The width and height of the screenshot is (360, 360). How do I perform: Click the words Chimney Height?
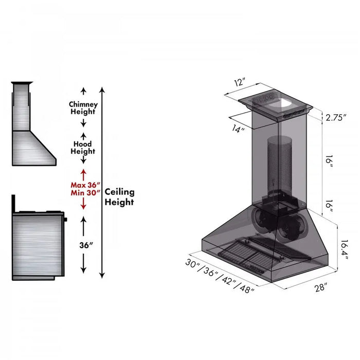coord(83,108)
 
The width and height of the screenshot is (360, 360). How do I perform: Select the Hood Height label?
coord(83,148)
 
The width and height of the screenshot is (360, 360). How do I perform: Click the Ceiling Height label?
coord(119,197)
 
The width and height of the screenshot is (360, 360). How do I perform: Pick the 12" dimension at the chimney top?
coord(240,82)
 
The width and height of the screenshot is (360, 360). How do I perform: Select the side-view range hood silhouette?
coord(31,129)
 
